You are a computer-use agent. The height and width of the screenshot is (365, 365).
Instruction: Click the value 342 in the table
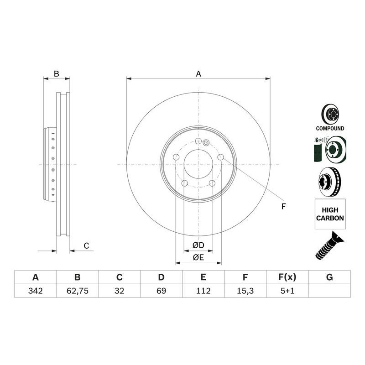(x=36, y=291)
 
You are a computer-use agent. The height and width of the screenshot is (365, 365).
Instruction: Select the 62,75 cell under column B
(x=77, y=291)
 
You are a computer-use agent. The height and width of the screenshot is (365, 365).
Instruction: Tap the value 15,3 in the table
(x=245, y=291)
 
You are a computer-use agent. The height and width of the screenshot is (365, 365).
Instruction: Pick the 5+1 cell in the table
(x=287, y=291)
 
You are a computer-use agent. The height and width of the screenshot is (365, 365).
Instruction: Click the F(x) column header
(x=287, y=277)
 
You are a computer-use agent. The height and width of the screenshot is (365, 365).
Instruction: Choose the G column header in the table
(x=329, y=277)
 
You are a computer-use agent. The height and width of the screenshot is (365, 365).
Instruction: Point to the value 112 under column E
(x=203, y=291)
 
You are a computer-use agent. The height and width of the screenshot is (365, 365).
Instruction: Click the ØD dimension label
(x=198, y=245)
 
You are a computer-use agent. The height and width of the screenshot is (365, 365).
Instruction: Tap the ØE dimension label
(x=198, y=257)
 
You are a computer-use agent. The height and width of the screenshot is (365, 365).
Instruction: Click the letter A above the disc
(x=198, y=74)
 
